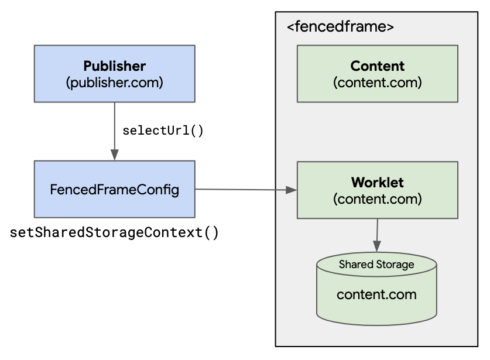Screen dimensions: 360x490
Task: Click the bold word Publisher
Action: pos(114,66)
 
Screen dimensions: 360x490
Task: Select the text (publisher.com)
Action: pos(114,82)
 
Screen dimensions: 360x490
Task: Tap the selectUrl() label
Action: pos(163,130)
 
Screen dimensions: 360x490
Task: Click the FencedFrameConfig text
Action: pos(114,190)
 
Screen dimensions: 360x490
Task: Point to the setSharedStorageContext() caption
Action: pos(115,233)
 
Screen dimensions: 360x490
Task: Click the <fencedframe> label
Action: pos(340,27)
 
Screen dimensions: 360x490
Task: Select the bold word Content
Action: pos(377,66)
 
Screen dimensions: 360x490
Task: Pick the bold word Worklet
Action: pos(377,182)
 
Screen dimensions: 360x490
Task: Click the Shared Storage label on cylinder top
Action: pos(376,265)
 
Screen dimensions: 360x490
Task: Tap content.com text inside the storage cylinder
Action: pos(376,294)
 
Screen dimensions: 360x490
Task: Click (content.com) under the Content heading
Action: pos(377,82)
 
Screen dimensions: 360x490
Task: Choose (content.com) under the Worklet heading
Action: pos(377,198)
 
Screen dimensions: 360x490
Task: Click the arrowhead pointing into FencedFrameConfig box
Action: pos(114,156)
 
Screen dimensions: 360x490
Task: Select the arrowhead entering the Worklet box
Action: pos(292,190)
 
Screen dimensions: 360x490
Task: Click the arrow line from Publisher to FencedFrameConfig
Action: pos(114,126)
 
